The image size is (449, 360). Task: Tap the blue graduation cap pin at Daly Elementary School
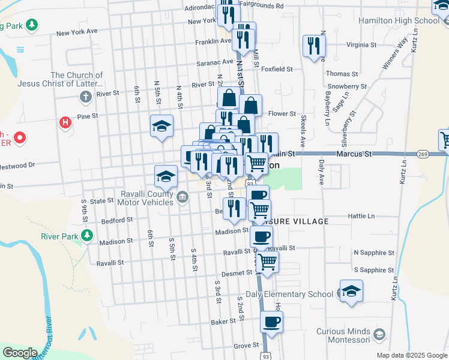click(352, 291)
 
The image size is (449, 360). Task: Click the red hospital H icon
click(65, 123)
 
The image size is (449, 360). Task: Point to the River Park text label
click(59, 236)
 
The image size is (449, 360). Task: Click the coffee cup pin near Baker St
click(271, 322)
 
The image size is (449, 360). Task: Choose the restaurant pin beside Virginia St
click(314, 46)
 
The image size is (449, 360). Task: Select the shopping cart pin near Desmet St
click(267, 261)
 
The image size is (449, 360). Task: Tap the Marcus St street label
click(355, 154)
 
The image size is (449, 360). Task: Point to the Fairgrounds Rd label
click(261, 5)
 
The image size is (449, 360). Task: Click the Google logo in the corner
click(20, 353)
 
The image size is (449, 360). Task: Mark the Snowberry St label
click(347, 86)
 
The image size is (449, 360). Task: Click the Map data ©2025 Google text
click(412, 355)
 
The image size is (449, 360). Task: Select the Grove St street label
click(246, 346)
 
